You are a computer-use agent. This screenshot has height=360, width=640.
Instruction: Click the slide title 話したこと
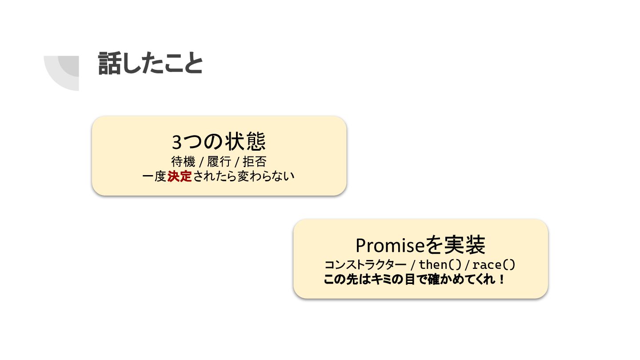pyautogui.click(x=150, y=64)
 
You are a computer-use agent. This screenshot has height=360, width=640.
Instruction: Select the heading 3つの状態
pyautogui.click(x=219, y=142)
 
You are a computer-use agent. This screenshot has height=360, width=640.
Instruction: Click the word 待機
pyautogui.click(x=183, y=161)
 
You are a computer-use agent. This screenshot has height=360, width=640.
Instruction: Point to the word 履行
pyautogui.click(x=219, y=161)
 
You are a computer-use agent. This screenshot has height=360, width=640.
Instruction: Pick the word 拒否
pyautogui.click(x=255, y=161)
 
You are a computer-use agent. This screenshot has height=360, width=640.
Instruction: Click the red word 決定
pyautogui.click(x=180, y=176)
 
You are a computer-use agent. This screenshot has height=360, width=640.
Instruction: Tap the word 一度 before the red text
pyautogui.click(x=154, y=176)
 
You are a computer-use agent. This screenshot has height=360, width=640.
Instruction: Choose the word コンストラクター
pyautogui.click(x=365, y=265)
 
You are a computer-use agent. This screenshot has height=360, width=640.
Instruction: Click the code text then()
pyautogui.click(x=440, y=265)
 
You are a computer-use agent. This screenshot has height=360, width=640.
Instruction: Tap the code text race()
pyautogui.click(x=493, y=265)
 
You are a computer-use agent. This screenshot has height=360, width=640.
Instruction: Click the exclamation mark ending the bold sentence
pyautogui.click(x=502, y=280)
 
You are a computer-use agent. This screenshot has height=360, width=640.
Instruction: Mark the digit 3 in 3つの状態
pyautogui.click(x=177, y=142)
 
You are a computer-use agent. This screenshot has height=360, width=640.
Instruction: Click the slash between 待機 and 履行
pyautogui.click(x=201, y=162)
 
